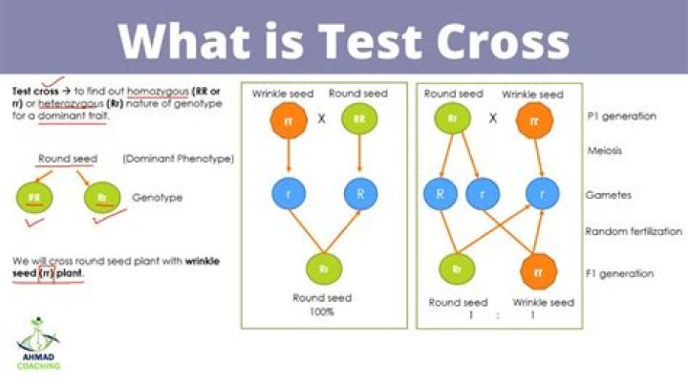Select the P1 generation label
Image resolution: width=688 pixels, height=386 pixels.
pos(622,116)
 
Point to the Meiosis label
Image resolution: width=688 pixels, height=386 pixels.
pos(607,150)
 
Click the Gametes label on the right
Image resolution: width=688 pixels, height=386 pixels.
pos(610,194)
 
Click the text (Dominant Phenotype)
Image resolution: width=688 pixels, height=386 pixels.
pos(179,159)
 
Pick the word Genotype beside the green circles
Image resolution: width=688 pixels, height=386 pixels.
pos(158,198)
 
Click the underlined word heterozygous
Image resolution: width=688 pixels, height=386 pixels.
pos(59,100)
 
